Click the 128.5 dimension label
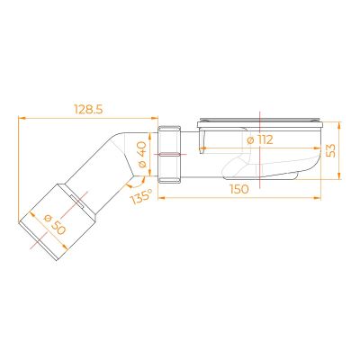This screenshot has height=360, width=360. click(88, 110)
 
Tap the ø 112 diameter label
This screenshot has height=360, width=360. click(260, 139)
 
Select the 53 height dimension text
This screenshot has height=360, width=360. click(330, 150)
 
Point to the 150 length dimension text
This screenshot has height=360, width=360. click(239, 189)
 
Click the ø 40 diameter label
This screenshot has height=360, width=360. click(141, 155)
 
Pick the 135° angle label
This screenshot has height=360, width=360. click(140, 197)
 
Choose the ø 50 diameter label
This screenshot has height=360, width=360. click(54, 225)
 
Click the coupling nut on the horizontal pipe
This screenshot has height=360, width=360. click(169, 154)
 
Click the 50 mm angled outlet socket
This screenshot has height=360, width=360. click(58, 221)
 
